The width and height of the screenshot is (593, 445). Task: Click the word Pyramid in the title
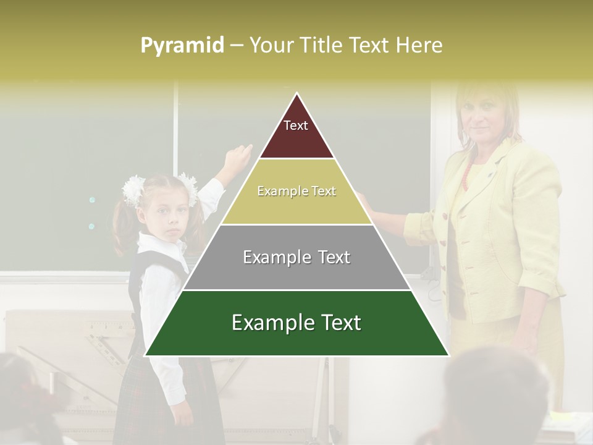click(x=182, y=46)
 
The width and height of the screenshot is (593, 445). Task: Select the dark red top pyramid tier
click(x=296, y=139)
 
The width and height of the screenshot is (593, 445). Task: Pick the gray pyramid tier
click(x=296, y=272)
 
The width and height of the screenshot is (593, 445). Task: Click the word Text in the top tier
click(x=296, y=125)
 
